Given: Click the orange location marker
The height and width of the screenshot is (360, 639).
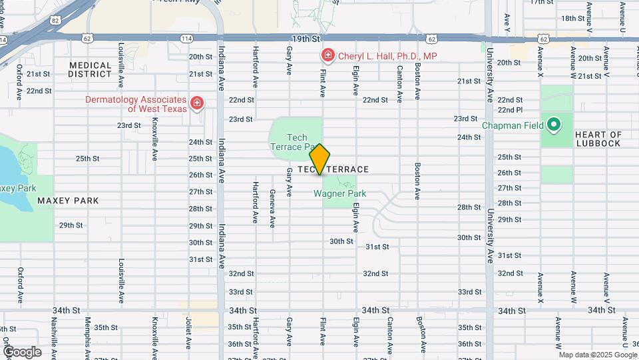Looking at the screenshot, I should [x=319, y=159].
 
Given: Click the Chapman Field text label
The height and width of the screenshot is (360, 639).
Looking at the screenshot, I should [x=514, y=125].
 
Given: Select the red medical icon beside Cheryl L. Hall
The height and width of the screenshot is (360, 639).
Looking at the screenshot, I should [x=327, y=55].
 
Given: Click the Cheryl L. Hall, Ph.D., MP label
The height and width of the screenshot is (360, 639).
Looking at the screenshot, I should [x=387, y=56].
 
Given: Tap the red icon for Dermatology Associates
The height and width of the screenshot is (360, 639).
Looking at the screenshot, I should [x=196, y=103].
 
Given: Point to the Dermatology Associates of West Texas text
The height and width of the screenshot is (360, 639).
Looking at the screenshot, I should [x=136, y=103].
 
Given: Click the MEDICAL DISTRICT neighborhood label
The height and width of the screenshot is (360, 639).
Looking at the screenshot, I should [x=90, y=69].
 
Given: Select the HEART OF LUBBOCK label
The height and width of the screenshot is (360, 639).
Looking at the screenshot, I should [x=597, y=139].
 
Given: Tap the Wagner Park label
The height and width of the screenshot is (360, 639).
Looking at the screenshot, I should [x=339, y=194].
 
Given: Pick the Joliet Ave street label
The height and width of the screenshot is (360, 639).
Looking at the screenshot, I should [x=189, y=332].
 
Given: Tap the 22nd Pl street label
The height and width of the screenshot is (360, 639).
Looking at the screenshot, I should [x=510, y=110].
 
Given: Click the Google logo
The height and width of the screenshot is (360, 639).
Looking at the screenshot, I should [x=22, y=351].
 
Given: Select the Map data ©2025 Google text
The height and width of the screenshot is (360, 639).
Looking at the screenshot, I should [x=597, y=355].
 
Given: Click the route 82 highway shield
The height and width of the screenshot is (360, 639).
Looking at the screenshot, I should [x=55, y=21].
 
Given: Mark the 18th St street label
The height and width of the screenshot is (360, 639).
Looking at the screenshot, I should [x=572, y=18].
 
